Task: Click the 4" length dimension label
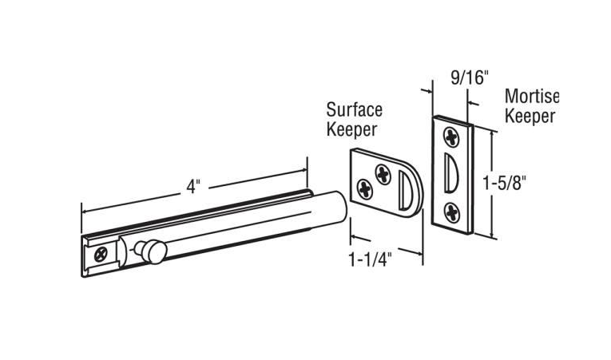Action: click(x=193, y=187)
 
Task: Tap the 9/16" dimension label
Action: click(x=470, y=77)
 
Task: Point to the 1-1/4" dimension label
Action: click(x=369, y=259)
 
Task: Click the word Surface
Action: click(x=354, y=109)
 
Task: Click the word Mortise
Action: click(x=532, y=97)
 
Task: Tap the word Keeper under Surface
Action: click(x=352, y=129)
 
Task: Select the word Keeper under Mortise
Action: click(x=530, y=116)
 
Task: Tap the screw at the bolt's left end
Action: click(x=101, y=255)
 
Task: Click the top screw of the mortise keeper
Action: click(x=451, y=137)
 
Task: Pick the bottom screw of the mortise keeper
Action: click(x=452, y=213)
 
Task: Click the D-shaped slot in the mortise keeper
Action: click(x=451, y=173)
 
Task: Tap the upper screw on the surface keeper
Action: click(x=383, y=174)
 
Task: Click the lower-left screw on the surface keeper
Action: click(x=365, y=189)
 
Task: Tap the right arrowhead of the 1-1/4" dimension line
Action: click(x=419, y=253)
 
